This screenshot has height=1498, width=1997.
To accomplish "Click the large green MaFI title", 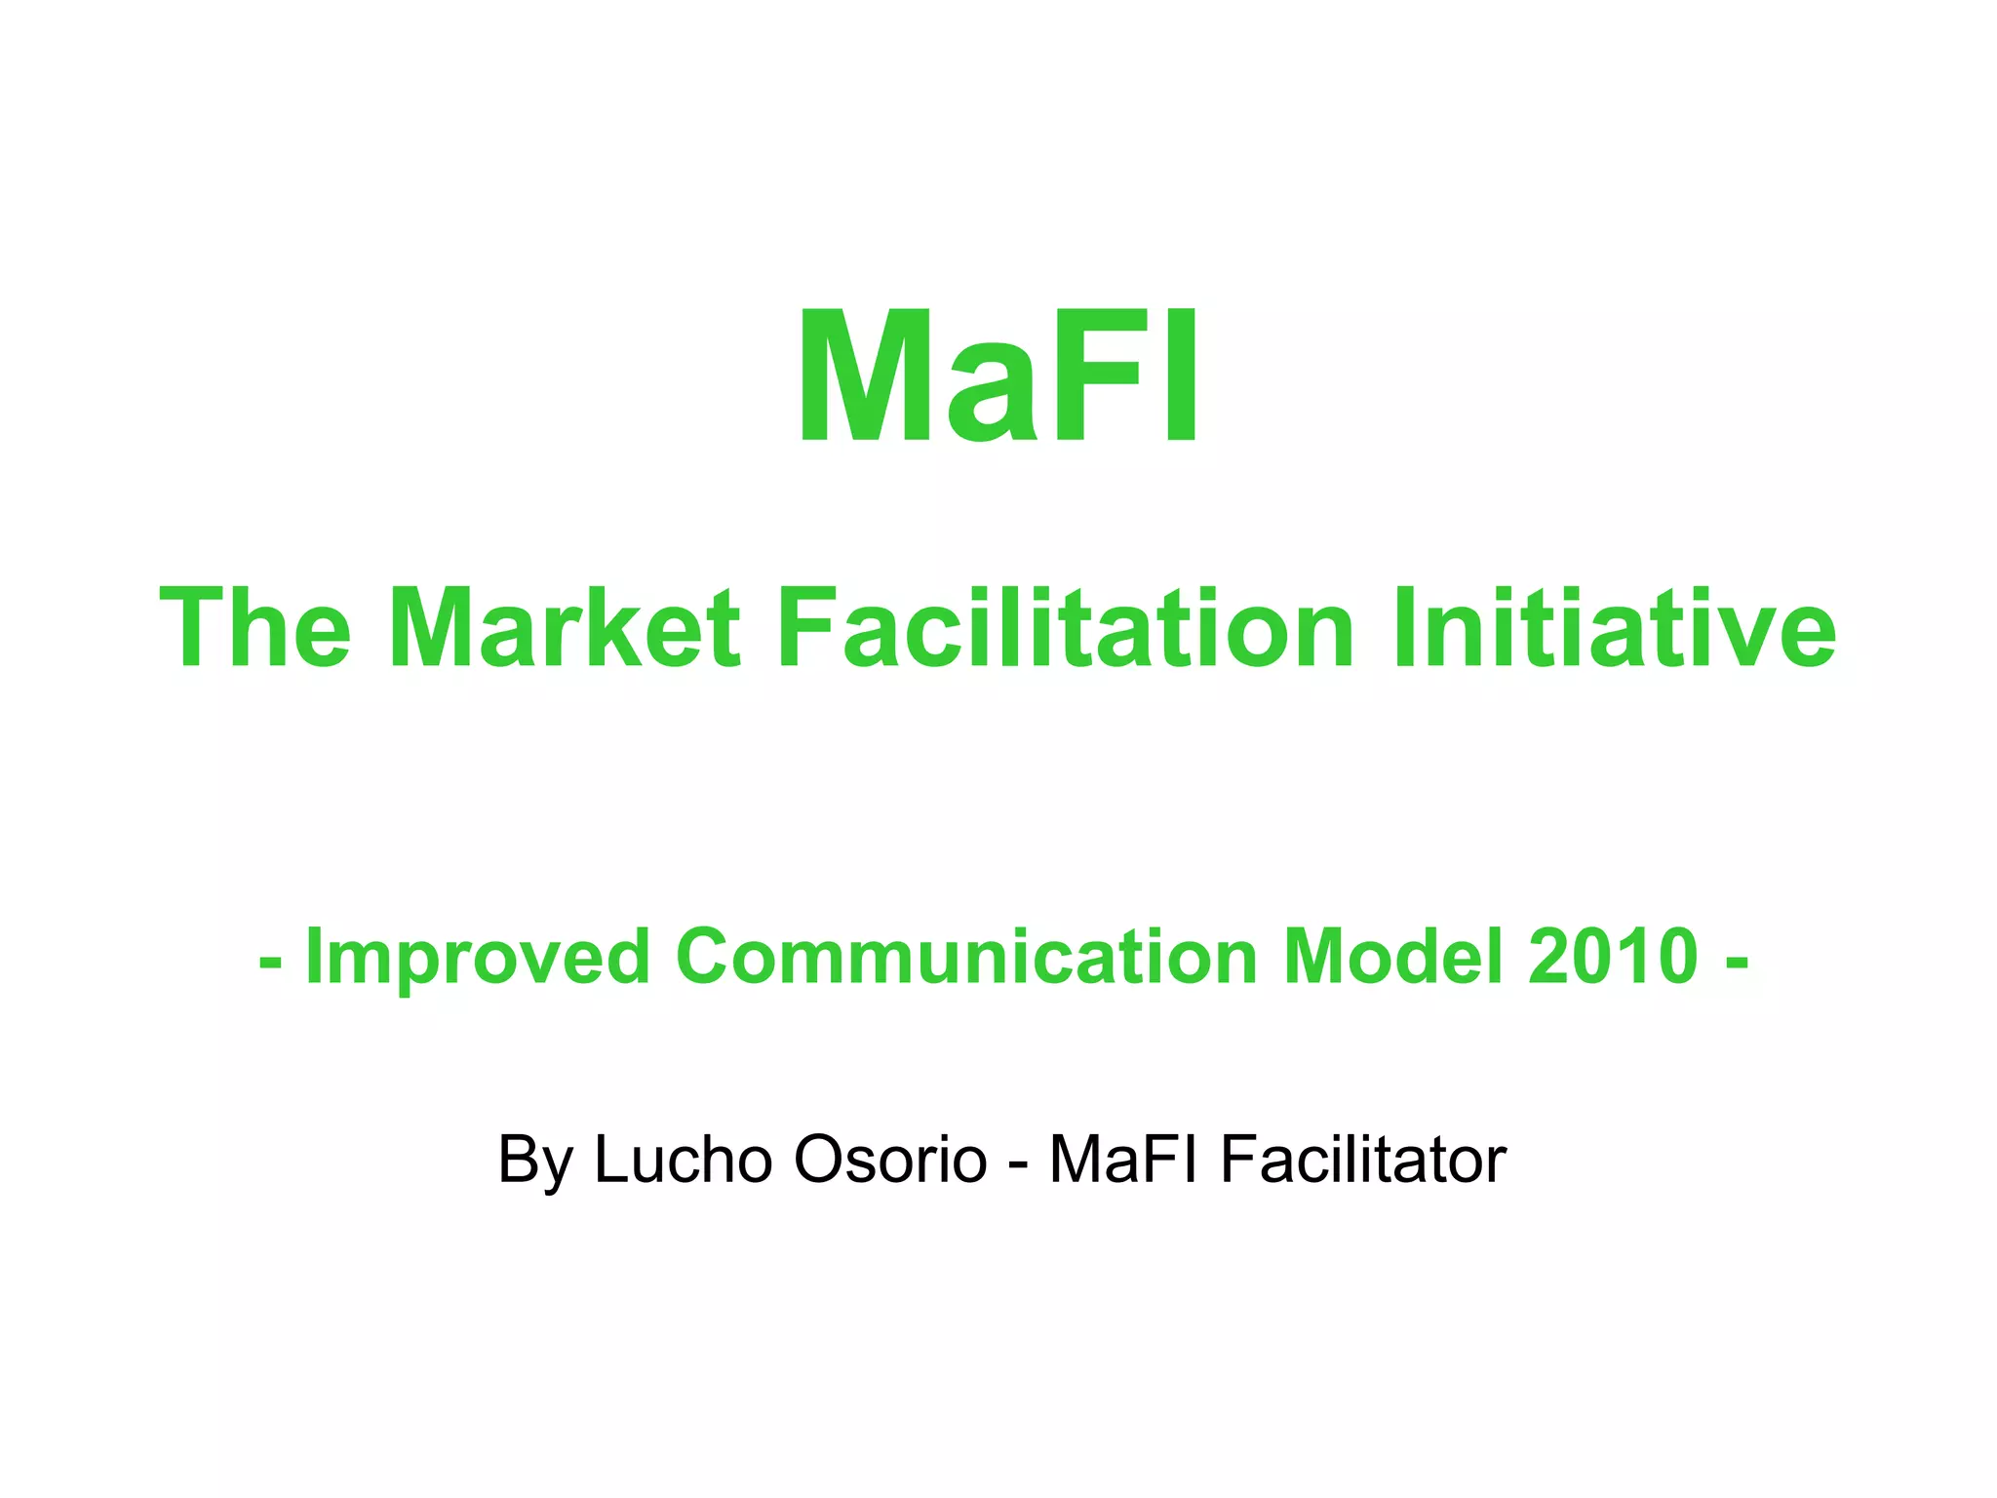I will pyautogui.click(x=998, y=377).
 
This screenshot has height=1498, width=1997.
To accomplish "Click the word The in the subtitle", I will pyautogui.click(x=255, y=629).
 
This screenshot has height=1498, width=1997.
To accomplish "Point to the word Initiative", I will pyautogui.click(x=1614, y=629).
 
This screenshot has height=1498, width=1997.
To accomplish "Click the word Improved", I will pyautogui.click(x=477, y=958).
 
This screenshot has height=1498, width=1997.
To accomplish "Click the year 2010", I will pyautogui.click(x=1614, y=958).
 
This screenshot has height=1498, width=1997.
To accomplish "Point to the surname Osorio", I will pyautogui.click(x=890, y=1160).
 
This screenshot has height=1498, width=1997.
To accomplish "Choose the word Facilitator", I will pyautogui.click(x=1363, y=1160).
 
